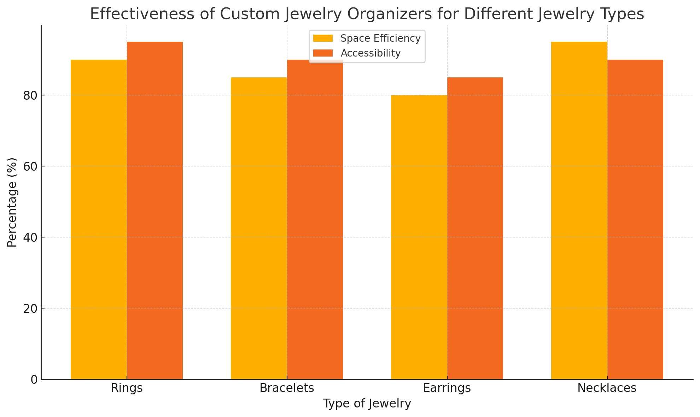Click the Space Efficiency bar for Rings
click(x=99, y=219)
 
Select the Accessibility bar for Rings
click(x=155, y=210)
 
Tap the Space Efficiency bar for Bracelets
click(x=259, y=228)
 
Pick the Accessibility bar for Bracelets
click(x=315, y=219)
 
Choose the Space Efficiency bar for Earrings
click(x=419, y=237)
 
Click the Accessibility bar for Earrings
click(x=475, y=228)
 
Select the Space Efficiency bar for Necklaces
click(x=579, y=210)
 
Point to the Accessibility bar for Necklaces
click(x=635, y=219)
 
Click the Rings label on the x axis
click(x=127, y=388)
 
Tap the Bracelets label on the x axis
click(x=287, y=388)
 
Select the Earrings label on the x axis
click(x=447, y=388)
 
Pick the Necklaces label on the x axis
click(x=607, y=388)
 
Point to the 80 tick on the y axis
click(x=30, y=95)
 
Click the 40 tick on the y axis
click(x=30, y=237)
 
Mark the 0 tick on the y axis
click(x=34, y=380)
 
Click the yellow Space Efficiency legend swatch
click(x=323, y=38)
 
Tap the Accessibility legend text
click(x=371, y=53)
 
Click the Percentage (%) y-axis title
click(x=12, y=202)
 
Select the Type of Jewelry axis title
click(x=367, y=404)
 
